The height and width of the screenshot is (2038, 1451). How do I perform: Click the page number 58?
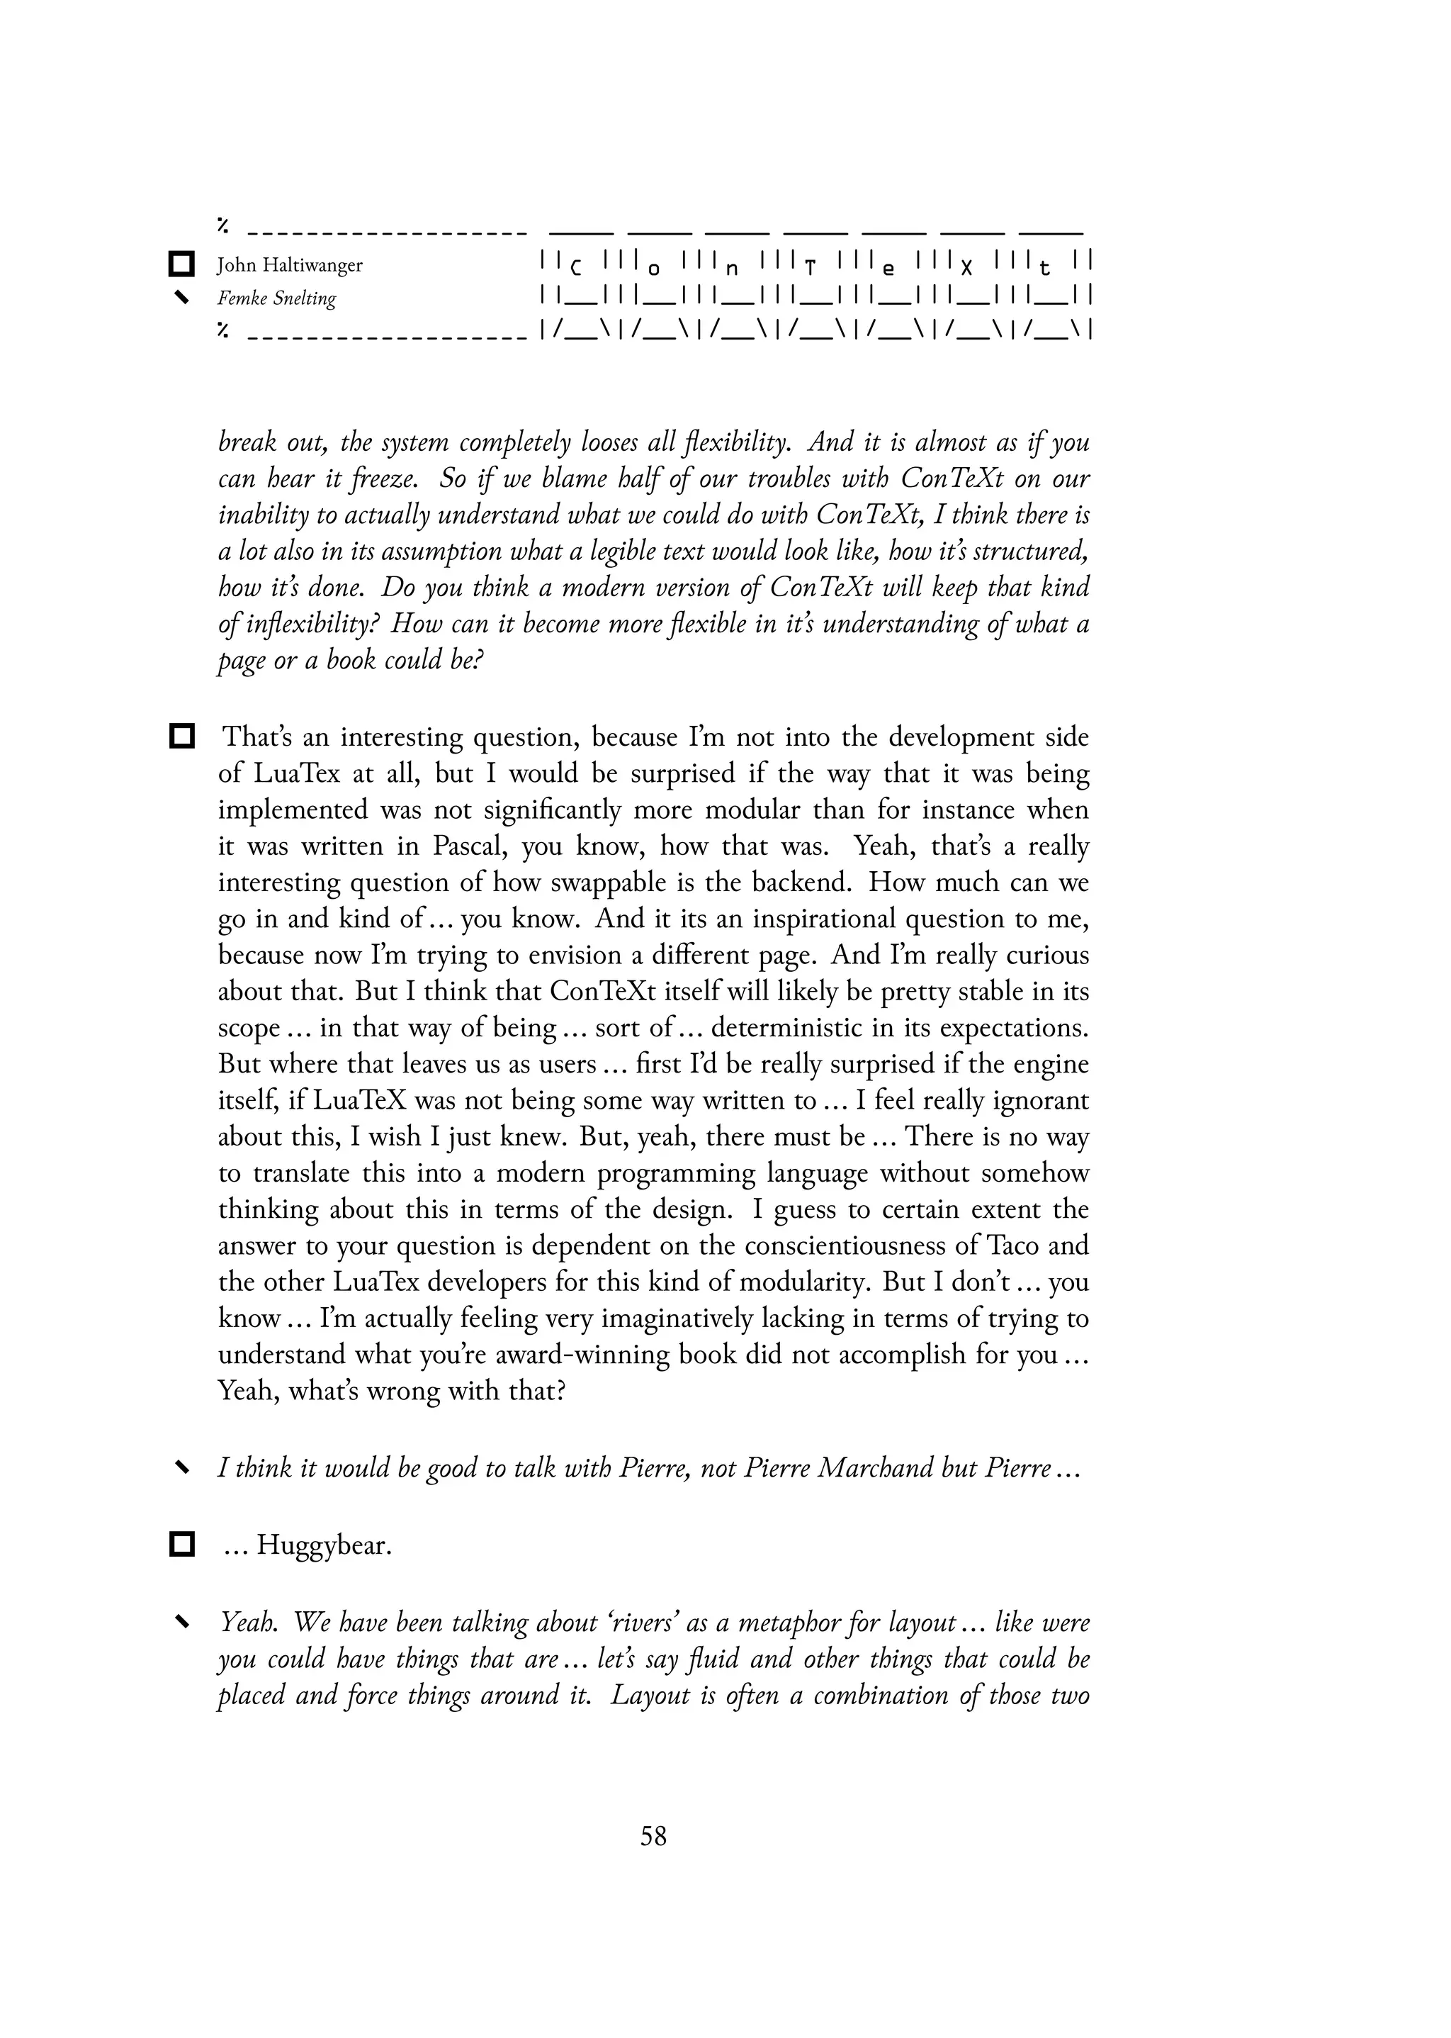653,1836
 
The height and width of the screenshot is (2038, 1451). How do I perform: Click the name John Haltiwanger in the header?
290,266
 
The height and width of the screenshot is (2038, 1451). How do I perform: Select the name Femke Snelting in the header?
277,298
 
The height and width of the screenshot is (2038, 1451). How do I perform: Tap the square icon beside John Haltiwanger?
181,264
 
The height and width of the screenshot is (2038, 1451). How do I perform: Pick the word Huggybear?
324,1545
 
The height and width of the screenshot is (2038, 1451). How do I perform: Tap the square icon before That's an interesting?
181,737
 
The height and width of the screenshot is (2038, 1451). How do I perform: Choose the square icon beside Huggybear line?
181,1544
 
